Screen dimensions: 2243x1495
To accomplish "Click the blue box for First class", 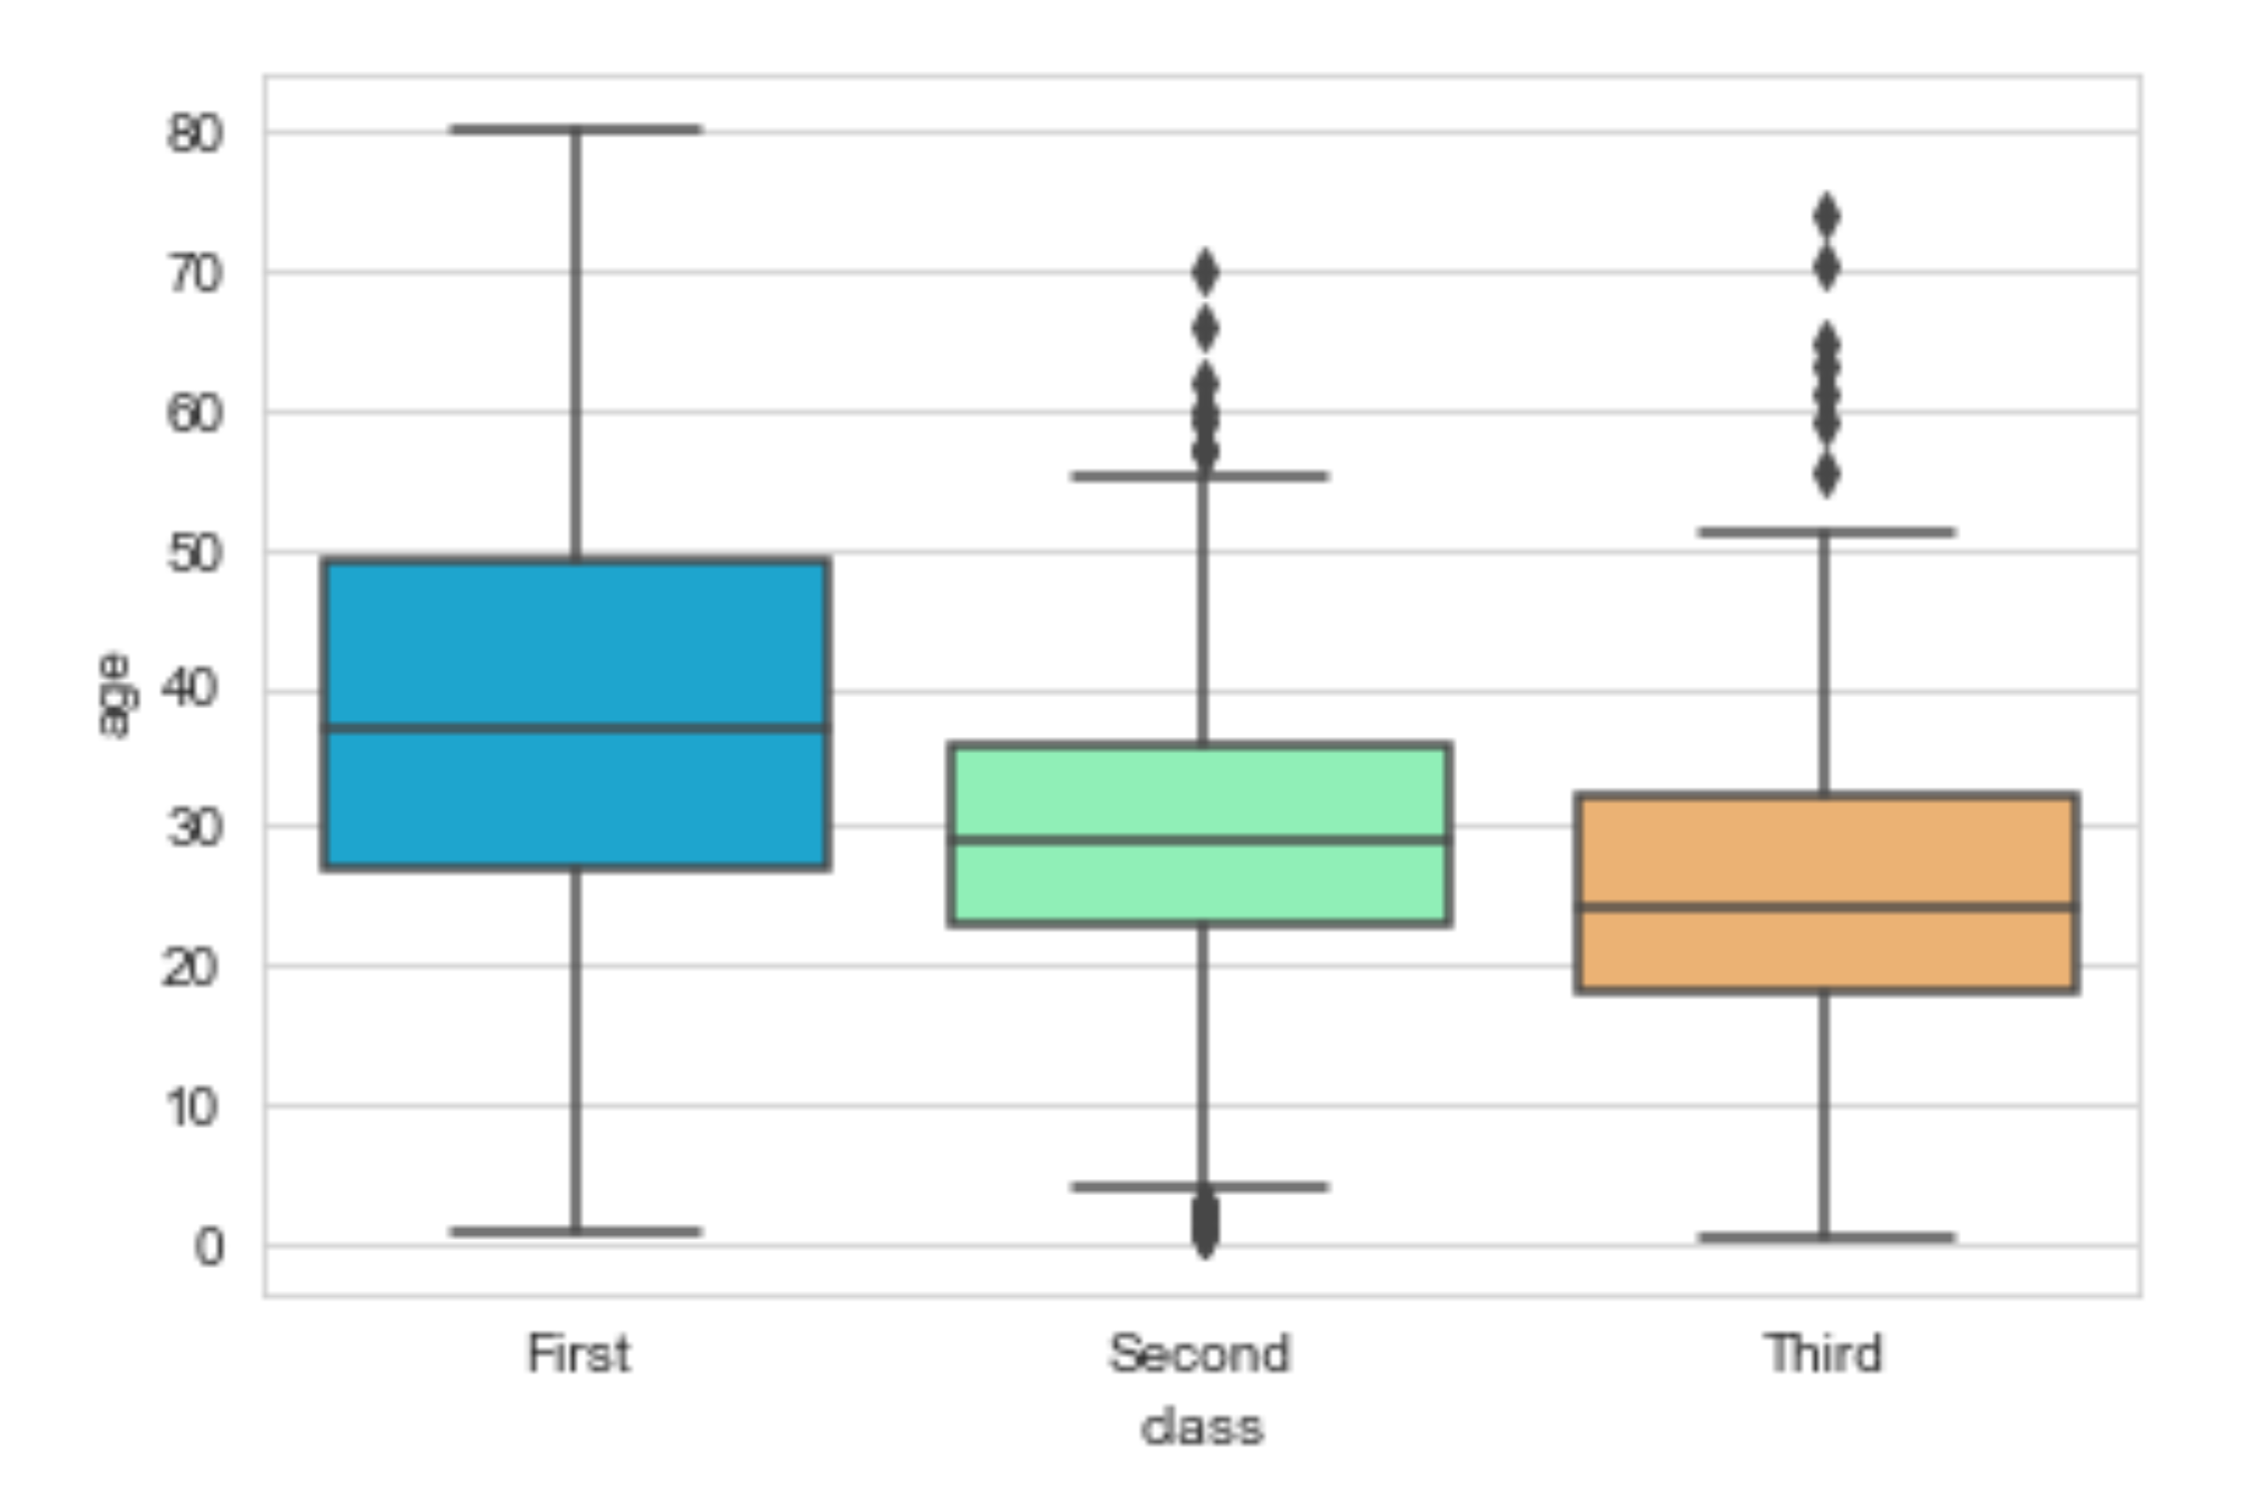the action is click(x=577, y=713).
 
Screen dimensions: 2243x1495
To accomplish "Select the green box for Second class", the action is click(x=1201, y=833).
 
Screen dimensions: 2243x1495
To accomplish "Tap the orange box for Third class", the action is click(x=1826, y=892).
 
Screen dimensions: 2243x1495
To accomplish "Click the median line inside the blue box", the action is click(x=577, y=729).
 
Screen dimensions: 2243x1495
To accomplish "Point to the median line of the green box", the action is click(x=1201, y=840).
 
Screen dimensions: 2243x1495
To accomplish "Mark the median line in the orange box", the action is click(x=1826, y=906).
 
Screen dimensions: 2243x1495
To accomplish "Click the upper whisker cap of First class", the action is click(x=576, y=129).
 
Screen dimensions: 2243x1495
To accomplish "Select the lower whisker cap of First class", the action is click(x=576, y=1232).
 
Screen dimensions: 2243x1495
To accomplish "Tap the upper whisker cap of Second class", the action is click(x=1201, y=476).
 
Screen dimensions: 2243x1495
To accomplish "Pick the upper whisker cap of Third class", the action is click(x=1826, y=532).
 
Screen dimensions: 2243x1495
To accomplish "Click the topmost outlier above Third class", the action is click(x=1827, y=216).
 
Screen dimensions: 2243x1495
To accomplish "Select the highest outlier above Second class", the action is click(x=1206, y=273).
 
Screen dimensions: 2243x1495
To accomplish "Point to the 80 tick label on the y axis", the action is click(x=194, y=135).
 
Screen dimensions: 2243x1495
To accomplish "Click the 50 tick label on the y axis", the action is click(x=194, y=554).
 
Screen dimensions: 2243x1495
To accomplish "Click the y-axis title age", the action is click(x=116, y=695).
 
